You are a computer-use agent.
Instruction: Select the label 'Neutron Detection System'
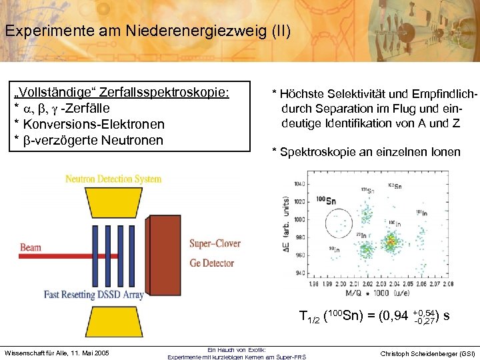113,179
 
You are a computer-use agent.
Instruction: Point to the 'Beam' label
31,247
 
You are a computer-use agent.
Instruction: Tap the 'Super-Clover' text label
215,243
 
